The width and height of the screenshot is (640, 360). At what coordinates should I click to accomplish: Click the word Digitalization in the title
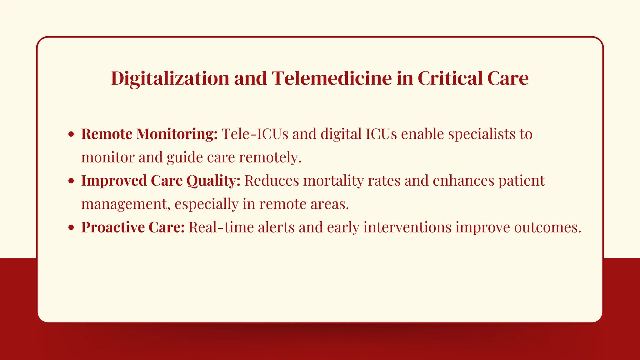point(171,78)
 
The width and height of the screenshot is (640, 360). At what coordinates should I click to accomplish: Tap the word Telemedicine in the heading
point(332,78)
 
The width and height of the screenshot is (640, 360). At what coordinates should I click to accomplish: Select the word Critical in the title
point(448,78)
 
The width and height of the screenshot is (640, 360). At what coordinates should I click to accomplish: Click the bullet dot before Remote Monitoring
point(71,134)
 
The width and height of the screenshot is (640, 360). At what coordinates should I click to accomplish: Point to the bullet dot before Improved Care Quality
point(71,181)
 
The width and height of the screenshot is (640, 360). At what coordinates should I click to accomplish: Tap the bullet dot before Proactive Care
point(71,227)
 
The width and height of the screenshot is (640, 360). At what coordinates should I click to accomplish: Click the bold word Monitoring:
point(177,134)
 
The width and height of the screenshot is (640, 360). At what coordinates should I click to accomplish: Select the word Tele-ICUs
point(255,134)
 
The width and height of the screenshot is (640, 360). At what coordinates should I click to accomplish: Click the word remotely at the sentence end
point(270,157)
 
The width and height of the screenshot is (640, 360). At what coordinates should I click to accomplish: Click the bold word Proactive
point(113,227)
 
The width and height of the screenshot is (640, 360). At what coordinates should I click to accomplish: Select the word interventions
point(407,227)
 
